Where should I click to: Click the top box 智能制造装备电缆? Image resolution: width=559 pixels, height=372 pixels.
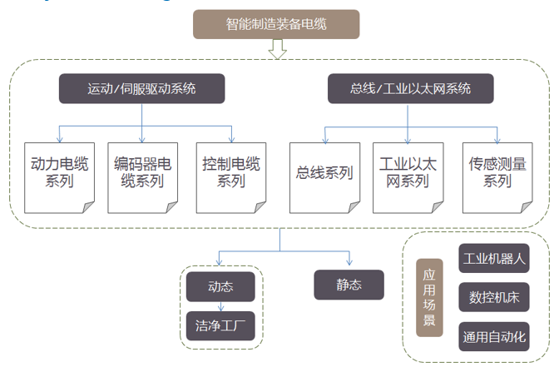(x=276, y=25)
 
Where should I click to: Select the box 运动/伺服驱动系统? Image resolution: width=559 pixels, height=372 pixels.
(x=141, y=88)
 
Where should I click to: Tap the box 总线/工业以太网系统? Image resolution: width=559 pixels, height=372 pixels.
(x=411, y=88)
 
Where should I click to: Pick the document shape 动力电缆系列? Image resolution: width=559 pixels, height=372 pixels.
(x=57, y=172)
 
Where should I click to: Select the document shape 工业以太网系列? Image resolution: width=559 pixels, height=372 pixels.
(x=408, y=172)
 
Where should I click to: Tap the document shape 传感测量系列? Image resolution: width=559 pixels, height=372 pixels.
(x=497, y=172)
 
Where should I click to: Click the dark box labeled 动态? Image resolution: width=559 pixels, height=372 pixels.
(x=220, y=287)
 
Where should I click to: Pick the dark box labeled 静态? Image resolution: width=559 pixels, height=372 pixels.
(x=349, y=285)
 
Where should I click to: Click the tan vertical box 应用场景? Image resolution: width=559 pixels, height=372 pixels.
(x=429, y=297)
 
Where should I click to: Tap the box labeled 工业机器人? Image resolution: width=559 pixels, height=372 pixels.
(x=494, y=259)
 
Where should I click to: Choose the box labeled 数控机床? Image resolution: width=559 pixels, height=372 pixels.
(x=494, y=297)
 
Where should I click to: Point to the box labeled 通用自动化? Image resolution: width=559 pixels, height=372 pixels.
(x=494, y=337)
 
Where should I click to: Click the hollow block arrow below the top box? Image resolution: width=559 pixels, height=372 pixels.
(x=277, y=51)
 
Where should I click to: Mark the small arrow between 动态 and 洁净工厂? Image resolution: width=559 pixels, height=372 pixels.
(x=220, y=305)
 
